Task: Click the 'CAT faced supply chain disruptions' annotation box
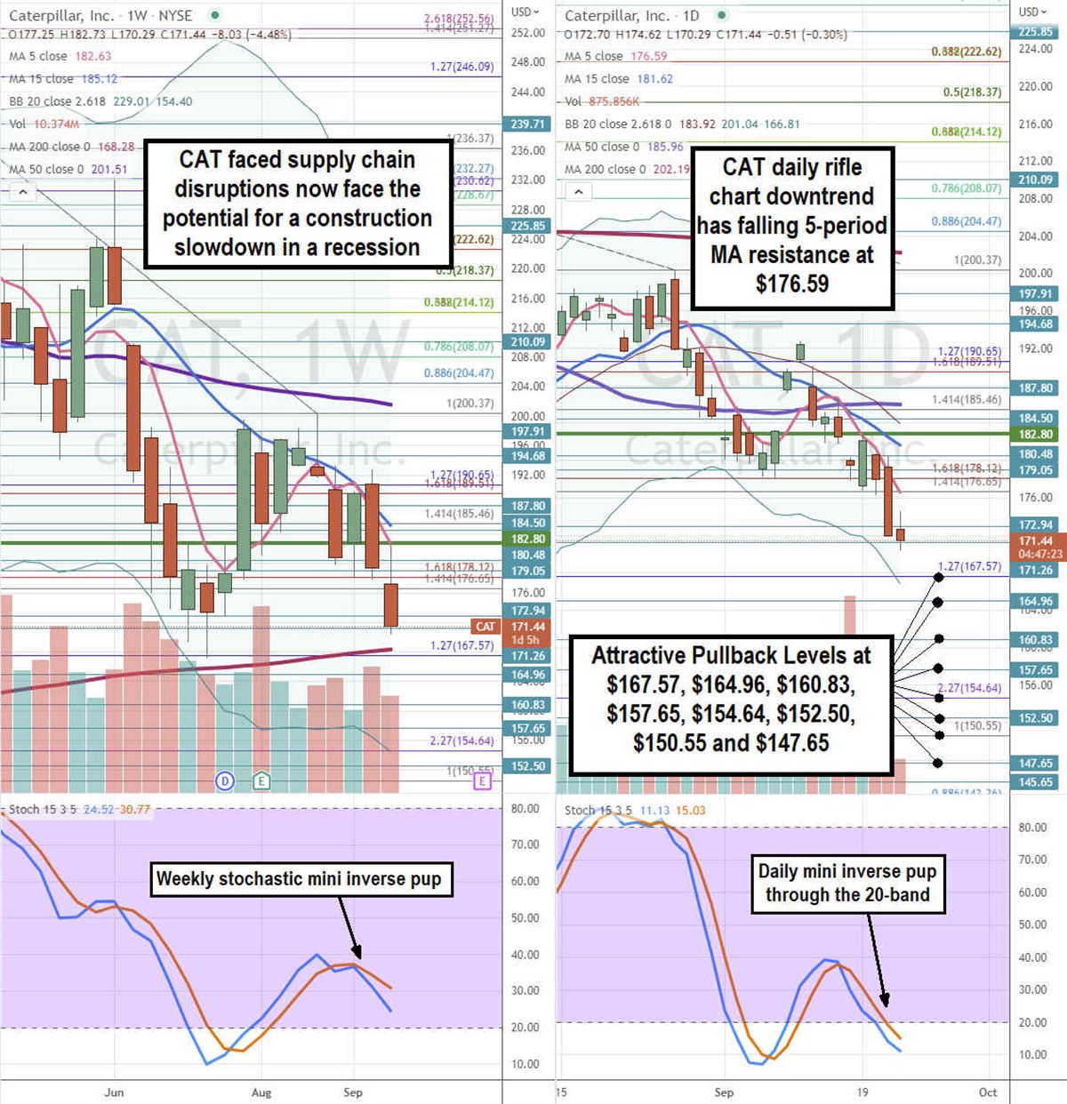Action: (298, 204)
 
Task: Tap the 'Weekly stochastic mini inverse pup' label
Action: (299, 879)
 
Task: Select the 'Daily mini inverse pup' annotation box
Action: (847, 883)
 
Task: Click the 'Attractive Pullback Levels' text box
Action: (731, 700)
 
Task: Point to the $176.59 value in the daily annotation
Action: (792, 284)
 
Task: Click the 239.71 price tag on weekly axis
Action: (527, 124)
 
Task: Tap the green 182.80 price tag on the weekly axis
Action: (527, 539)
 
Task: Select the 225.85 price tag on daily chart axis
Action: (1036, 32)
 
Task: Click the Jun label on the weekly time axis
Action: (114, 1092)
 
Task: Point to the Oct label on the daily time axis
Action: (988, 1092)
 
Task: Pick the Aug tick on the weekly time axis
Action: (261, 1092)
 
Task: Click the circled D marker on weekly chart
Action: (225, 781)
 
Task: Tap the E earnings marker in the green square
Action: (261, 781)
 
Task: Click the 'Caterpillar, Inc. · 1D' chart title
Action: (632, 16)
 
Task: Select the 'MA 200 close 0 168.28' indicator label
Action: (72, 147)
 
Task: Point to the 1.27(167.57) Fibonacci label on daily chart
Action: (969, 566)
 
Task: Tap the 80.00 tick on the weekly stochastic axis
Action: (525, 809)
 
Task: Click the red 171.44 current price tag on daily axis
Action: (1036, 540)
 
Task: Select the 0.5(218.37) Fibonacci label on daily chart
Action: (972, 92)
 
